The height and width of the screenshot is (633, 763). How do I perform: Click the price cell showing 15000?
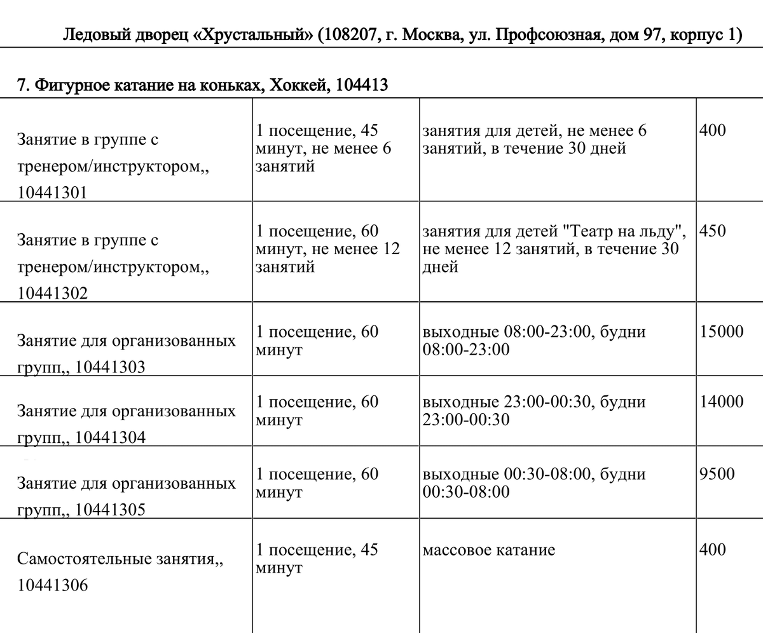(x=721, y=332)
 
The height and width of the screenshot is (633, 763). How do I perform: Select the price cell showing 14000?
(x=721, y=402)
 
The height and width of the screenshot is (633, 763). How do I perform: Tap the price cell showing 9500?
(x=717, y=474)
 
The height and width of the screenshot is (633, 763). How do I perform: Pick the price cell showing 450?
(x=712, y=231)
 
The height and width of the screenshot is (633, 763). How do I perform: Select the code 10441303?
(x=109, y=367)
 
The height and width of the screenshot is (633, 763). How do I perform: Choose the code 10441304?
(x=110, y=437)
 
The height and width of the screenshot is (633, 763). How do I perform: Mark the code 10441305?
(x=109, y=510)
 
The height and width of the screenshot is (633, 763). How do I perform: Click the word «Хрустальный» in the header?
(x=258, y=35)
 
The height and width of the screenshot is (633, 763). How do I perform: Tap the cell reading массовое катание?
(x=488, y=550)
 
